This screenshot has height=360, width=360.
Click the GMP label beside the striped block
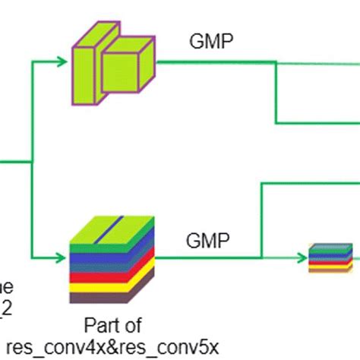(203, 242)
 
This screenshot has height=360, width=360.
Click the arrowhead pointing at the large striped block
(65, 257)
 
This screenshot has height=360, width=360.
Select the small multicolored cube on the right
(330, 257)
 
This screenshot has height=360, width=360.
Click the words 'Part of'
(112, 327)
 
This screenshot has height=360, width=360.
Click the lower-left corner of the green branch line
(32, 257)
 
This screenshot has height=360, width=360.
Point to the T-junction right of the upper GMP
(275, 63)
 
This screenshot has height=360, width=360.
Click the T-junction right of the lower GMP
(261, 257)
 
